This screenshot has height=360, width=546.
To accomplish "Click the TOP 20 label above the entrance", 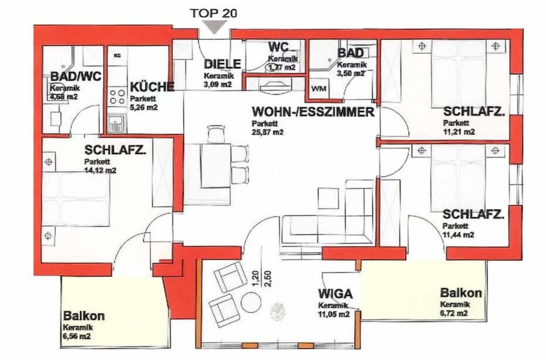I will [213, 12].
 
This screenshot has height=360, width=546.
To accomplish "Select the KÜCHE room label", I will [152, 87].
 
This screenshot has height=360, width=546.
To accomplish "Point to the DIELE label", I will [222, 64].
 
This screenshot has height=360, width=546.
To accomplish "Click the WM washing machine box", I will [317, 89].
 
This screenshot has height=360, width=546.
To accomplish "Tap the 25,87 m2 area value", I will [267, 132].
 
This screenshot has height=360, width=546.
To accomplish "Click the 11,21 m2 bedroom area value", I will [459, 132].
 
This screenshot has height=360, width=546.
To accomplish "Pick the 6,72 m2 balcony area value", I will [453, 313].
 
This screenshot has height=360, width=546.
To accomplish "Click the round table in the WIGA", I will [251, 302].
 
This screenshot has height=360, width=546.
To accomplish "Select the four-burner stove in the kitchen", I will [117, 96].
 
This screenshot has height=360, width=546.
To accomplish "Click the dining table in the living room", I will [216, 165].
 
